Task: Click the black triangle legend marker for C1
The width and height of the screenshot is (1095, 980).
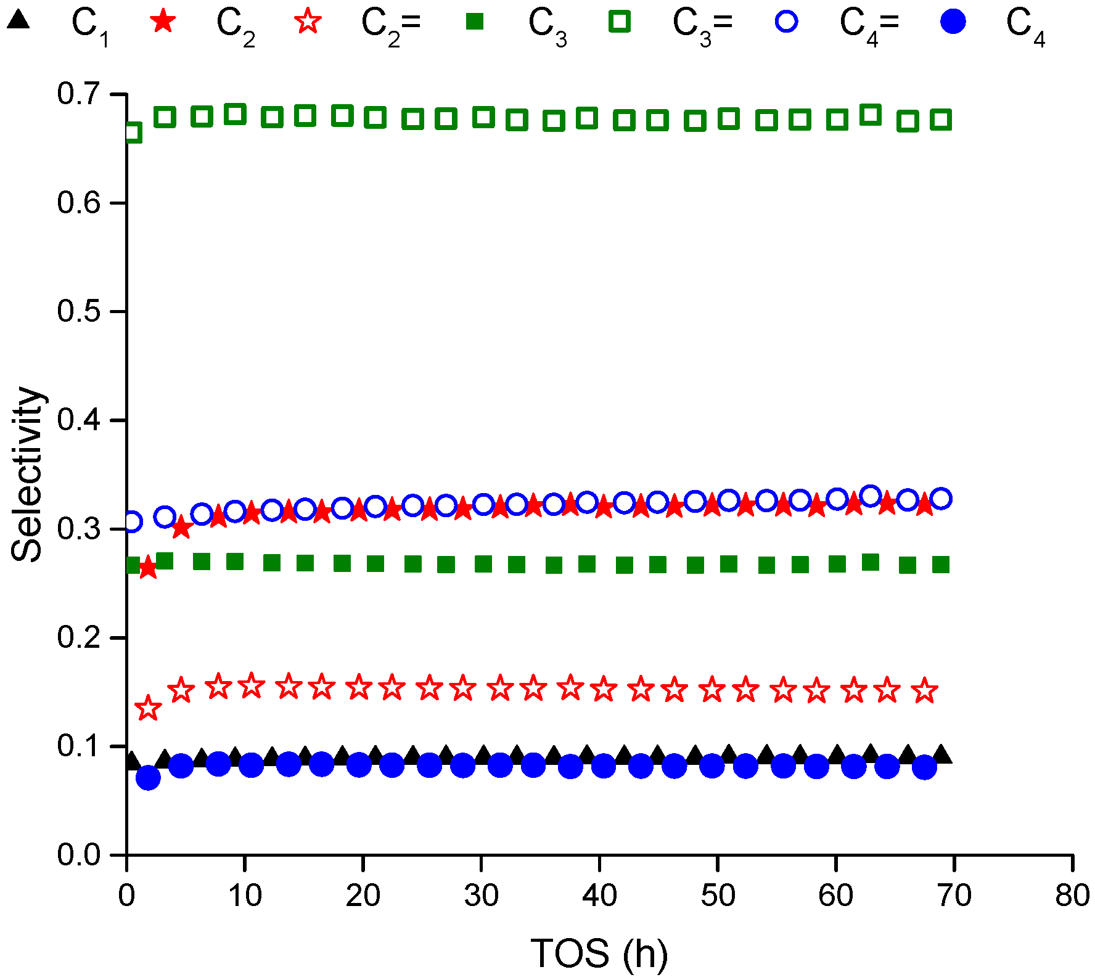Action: coord(18,21)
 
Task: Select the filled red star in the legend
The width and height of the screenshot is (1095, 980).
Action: coord(163,22)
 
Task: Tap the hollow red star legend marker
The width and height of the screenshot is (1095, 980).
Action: coord(308,22)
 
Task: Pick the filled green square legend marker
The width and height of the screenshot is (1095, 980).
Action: coord(474,22)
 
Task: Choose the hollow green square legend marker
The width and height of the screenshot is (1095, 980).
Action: coord(620,22)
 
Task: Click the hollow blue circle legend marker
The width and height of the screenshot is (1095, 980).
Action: coord(786,22)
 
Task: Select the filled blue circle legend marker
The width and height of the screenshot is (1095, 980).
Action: coord(953,22)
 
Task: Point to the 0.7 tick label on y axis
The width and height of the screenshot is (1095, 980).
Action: coord(79,94)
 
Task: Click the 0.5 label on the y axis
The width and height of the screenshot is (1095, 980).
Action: coord(79,311)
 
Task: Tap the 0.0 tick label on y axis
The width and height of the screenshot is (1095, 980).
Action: coord(79,855)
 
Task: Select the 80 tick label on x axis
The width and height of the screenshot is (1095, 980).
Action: coord(1072,896)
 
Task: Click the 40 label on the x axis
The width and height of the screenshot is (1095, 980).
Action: coord(599,896)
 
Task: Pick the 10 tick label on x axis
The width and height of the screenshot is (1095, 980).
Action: coord(245,896)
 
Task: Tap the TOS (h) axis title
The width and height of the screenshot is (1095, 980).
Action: coord(599,953)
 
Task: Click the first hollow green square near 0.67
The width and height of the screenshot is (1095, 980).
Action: coord(132,132)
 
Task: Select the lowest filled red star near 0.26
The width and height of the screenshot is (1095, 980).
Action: coord(147,568)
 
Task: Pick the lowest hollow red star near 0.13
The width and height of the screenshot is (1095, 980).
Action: coord(147,708)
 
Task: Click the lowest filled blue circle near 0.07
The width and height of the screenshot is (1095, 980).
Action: coord(147,778)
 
